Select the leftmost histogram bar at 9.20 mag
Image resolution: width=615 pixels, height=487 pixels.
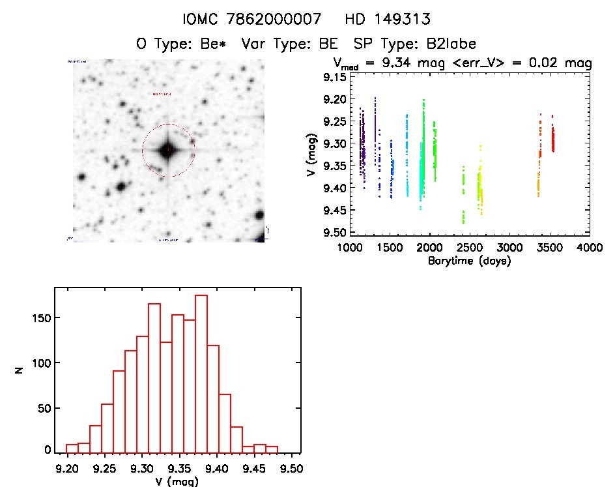tap(72, 448)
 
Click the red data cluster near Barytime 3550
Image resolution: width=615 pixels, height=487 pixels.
tap(552, 140)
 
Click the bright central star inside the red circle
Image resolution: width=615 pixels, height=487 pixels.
tap(168, 151)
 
